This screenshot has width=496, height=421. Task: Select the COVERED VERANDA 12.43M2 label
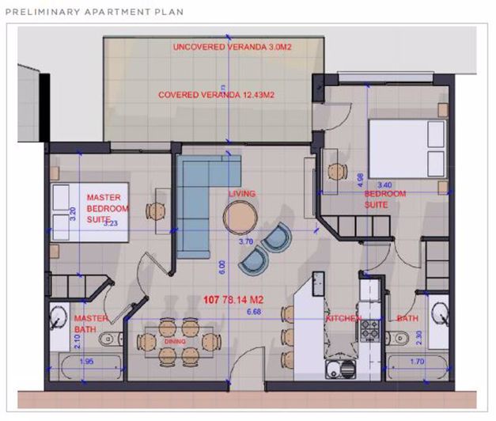[x=216, y=95]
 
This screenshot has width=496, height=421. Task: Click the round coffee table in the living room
[x=240, y=214]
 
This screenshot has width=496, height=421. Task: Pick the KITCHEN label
[x=344, y=318]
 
